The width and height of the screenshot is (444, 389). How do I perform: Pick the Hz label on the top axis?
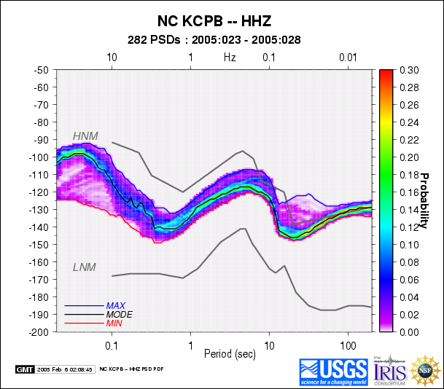coord(230,56)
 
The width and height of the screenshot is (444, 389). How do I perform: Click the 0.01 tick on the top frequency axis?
coord(348,57)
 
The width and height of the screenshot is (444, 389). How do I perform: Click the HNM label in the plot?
coord(85,136)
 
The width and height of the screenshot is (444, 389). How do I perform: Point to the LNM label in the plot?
coord(85,267)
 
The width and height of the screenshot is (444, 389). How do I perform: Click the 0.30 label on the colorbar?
coord(409,70)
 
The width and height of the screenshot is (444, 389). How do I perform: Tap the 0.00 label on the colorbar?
coord(409,331)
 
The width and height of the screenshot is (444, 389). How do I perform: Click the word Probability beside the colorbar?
coord(422,200)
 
